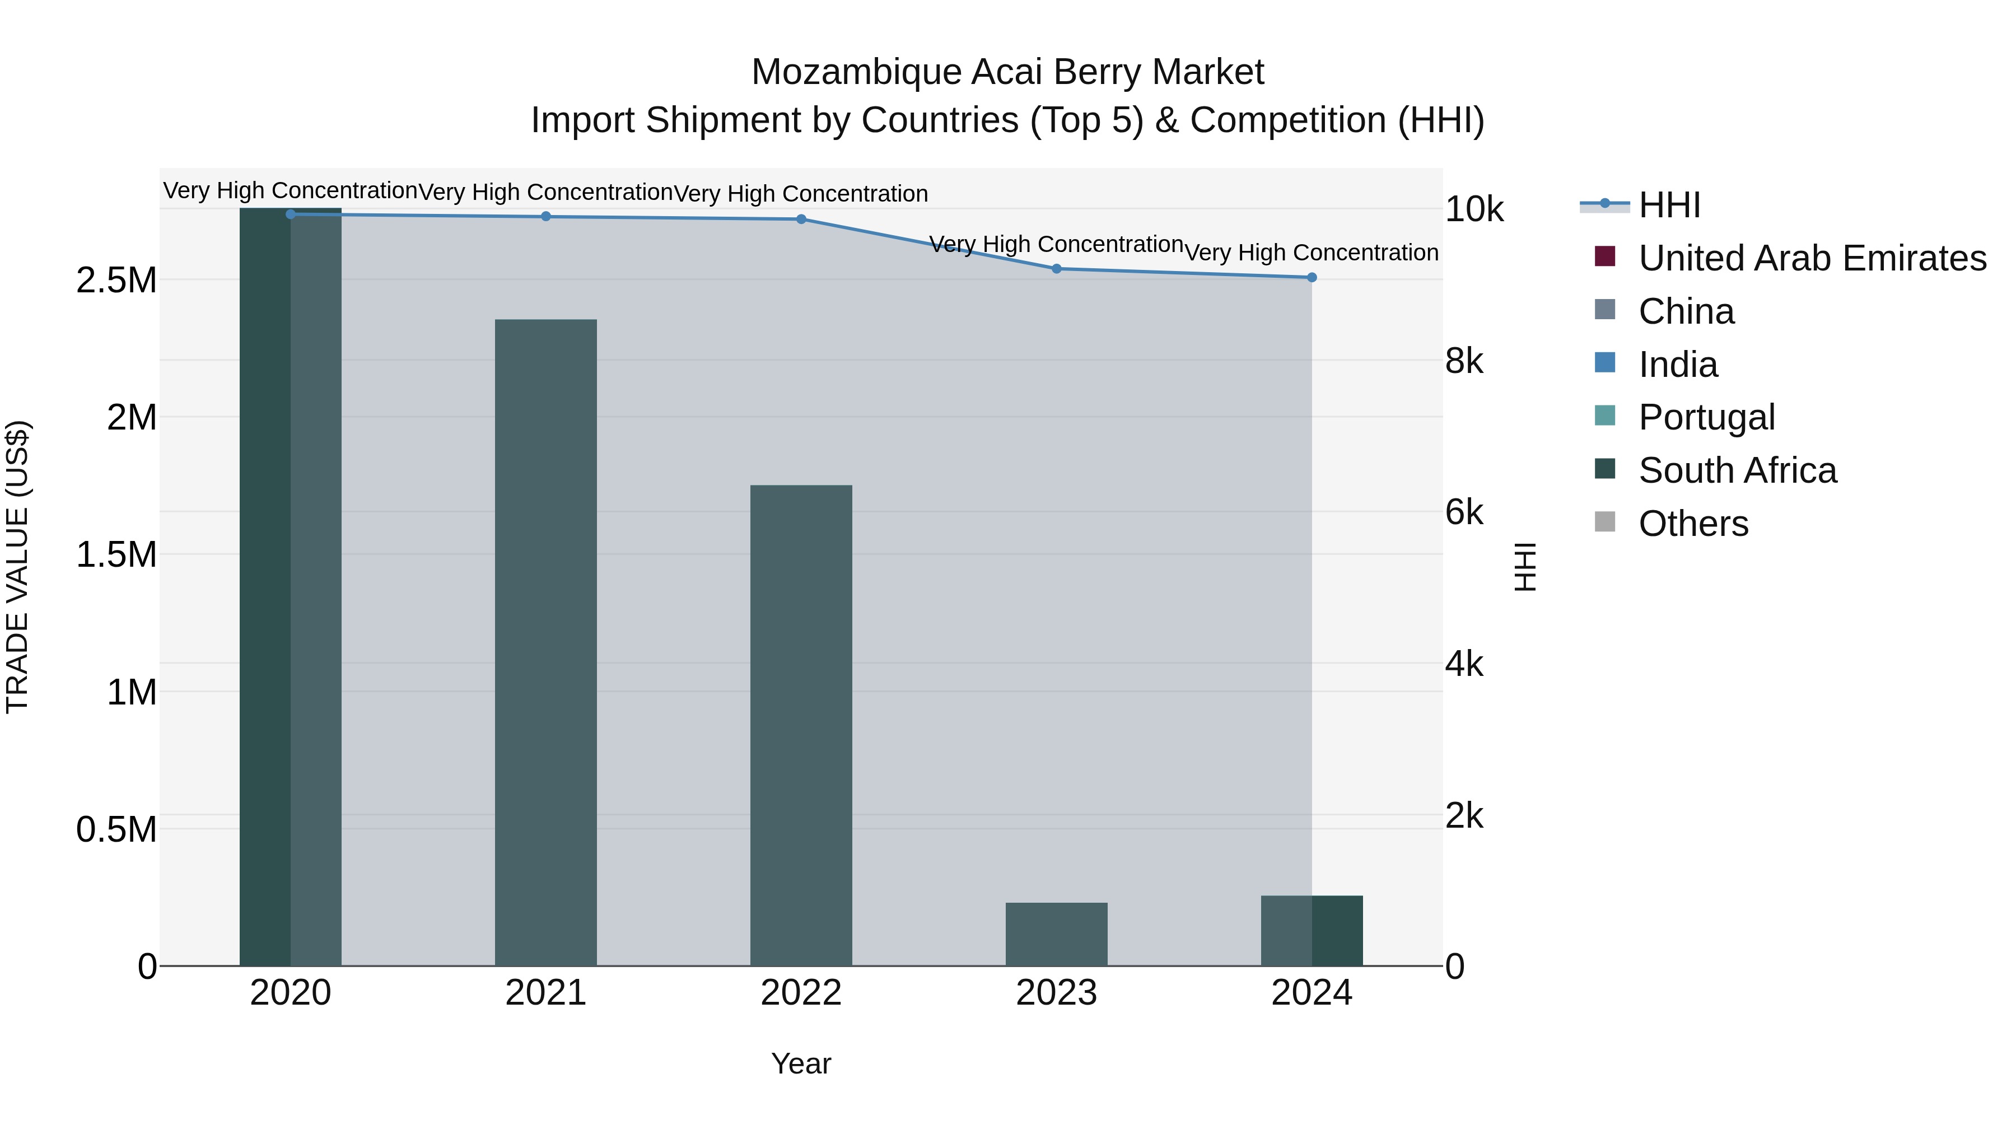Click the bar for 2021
pos(545,642)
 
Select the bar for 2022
pos(801,725)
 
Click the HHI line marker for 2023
pos(1057,268)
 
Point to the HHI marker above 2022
pos(801,219)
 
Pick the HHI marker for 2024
pos(1312,277)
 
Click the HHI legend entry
pos(1669,205)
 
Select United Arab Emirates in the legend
pos(1812,258)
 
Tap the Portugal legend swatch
pos(1605,416)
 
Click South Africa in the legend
pos(1737,470)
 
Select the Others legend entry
pos(1693,524)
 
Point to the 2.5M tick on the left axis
pos(116,280)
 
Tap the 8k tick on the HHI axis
pos(1463,362)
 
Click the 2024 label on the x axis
pos(1312,993)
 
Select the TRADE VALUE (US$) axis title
pos(17,567)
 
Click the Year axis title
pos(801,1063)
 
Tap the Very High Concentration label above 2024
pos(1312,253)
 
